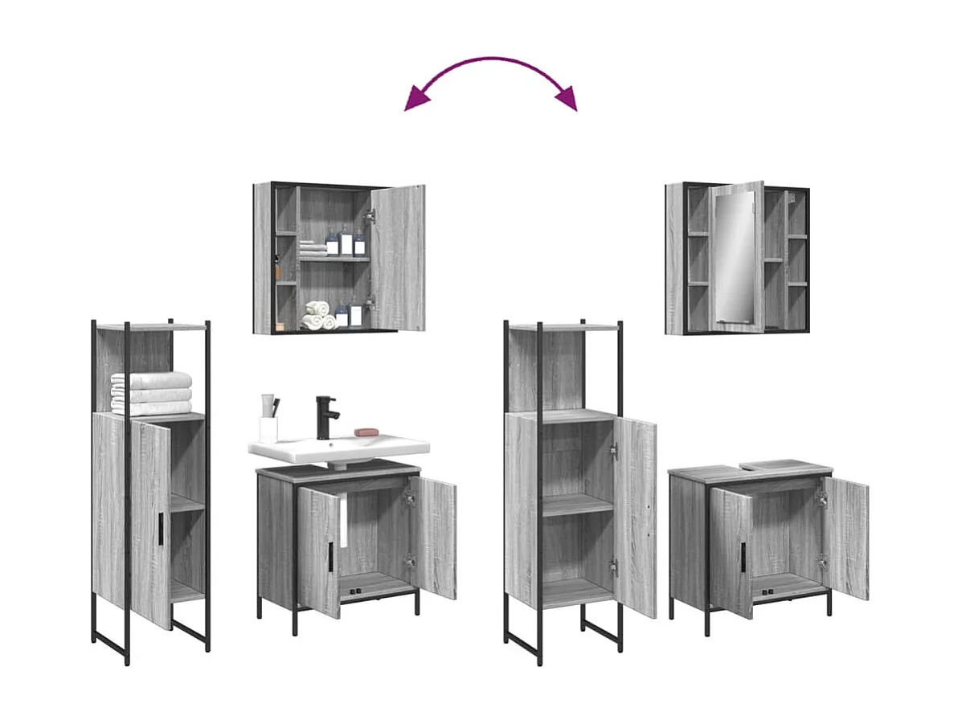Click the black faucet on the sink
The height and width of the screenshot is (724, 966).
[325, 416]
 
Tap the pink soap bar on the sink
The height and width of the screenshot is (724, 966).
[366, 432]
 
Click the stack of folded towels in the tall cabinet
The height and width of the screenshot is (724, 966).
[152, 393]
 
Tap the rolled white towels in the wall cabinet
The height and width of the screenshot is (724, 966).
[318, 315]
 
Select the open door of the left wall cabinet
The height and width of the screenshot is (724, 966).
[398, 257]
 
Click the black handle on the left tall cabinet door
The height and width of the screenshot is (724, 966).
[160, 530]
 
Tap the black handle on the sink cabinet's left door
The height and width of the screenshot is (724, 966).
[330, 557]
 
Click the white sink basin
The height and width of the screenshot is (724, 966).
[338, 447]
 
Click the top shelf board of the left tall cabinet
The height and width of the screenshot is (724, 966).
[151, 327]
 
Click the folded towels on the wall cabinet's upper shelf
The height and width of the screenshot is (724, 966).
[313, 251]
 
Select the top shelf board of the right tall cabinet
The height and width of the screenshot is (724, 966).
[564, 327]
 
